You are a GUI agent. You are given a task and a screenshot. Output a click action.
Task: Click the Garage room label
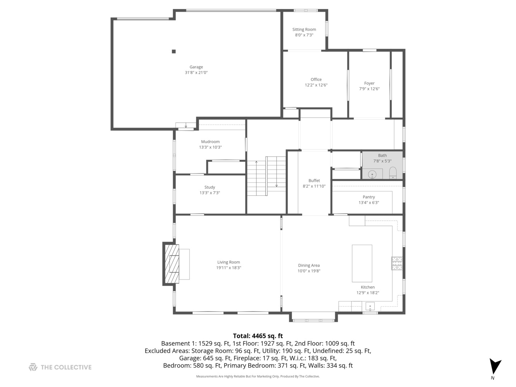point(196,67)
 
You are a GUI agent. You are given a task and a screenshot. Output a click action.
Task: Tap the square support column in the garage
point(174,52)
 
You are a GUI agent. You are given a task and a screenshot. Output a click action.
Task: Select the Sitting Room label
point(304,30)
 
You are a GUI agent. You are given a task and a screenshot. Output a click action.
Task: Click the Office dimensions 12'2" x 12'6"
point(316,85)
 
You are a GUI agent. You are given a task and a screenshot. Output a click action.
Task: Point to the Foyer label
point(369,83)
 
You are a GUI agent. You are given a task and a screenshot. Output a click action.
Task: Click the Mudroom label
point(210,142)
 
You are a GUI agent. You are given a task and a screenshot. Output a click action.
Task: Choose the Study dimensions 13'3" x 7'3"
point(210,193)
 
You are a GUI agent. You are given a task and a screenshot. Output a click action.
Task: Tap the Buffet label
point(314,181)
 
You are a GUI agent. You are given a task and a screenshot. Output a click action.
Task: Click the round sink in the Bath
point(372,175)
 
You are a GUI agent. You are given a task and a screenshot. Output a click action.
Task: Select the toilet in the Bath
point(393,173)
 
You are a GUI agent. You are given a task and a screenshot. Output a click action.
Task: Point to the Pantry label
point(369,197)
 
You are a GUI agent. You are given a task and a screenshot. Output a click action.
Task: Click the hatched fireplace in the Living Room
point(171,264)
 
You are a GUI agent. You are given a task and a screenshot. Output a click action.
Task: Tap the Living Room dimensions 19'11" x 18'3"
point(229,268)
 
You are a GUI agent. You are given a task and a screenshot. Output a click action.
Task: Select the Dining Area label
point(309,266)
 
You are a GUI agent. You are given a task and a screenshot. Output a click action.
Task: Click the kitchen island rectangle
point(362,263)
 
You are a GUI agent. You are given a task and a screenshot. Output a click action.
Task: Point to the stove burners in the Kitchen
point(397,263)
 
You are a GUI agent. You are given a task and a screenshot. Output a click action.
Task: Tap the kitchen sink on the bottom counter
point(370,306)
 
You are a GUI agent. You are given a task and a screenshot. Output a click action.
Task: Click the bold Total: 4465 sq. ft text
point(258,336)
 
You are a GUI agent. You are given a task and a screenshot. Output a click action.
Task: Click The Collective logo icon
point(33,367)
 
